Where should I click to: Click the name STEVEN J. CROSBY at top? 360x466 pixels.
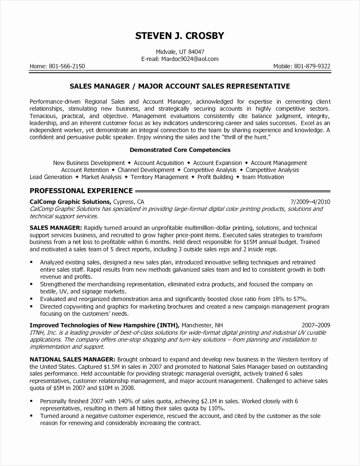[180, 36]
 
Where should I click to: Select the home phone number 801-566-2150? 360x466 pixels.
[66, 66]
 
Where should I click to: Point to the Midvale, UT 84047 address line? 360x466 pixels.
[180, 52]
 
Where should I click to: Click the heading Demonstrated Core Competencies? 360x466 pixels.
[180, 150]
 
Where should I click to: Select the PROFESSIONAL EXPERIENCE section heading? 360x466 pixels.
[81, 191]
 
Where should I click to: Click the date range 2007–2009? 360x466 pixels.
[316, 325]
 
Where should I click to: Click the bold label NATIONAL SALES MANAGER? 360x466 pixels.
[72, 359]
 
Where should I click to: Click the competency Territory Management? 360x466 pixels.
[159, 177]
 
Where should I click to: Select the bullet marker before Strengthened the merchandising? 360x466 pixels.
[31, 284]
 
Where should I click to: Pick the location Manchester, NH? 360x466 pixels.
[202, 325]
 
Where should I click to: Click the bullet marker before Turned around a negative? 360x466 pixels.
[31, 416]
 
